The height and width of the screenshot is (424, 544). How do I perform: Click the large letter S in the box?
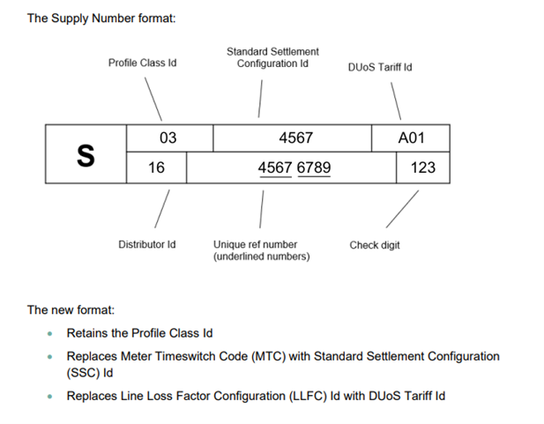pyautogui.click(x=85, y=154)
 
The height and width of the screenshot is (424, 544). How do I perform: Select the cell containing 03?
pyautogui.click(x=168, y=138)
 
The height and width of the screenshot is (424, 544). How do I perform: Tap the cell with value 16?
pyautogui.click(x=156, y=167)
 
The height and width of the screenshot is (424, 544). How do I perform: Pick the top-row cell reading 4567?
pyautogui.click(x=294, y=138)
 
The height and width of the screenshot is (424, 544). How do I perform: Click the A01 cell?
pyautogui.click(x=411, y=138)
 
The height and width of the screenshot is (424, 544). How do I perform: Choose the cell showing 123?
pyautogui.click(x=423, y=167)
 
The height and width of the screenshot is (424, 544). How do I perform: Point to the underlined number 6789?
pyautogui.click(x=314, y=167)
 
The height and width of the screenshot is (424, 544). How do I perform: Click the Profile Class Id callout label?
pyautogui.click(x=142, y=63)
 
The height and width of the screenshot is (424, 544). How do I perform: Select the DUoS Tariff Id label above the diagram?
pyautogui.click(x=380, y=68)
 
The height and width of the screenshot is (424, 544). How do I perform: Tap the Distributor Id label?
pyautogui.click(x=147, y=244)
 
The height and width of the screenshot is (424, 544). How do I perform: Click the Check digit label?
pyautogui.click(x=375, y=245)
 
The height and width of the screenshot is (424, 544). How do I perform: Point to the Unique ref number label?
pyautogui.click(x=255, y=244)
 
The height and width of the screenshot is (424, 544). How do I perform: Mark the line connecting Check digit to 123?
pyautogui.click(x=402, y=209)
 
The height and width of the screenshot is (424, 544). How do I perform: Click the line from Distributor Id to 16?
pyautogui.click(x=161, y=208)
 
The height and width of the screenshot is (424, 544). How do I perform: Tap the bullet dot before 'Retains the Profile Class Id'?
pyautogui.click(x=50, y=334)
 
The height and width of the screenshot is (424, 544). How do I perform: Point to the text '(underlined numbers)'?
pyautogui.click(x=261, y=257)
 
